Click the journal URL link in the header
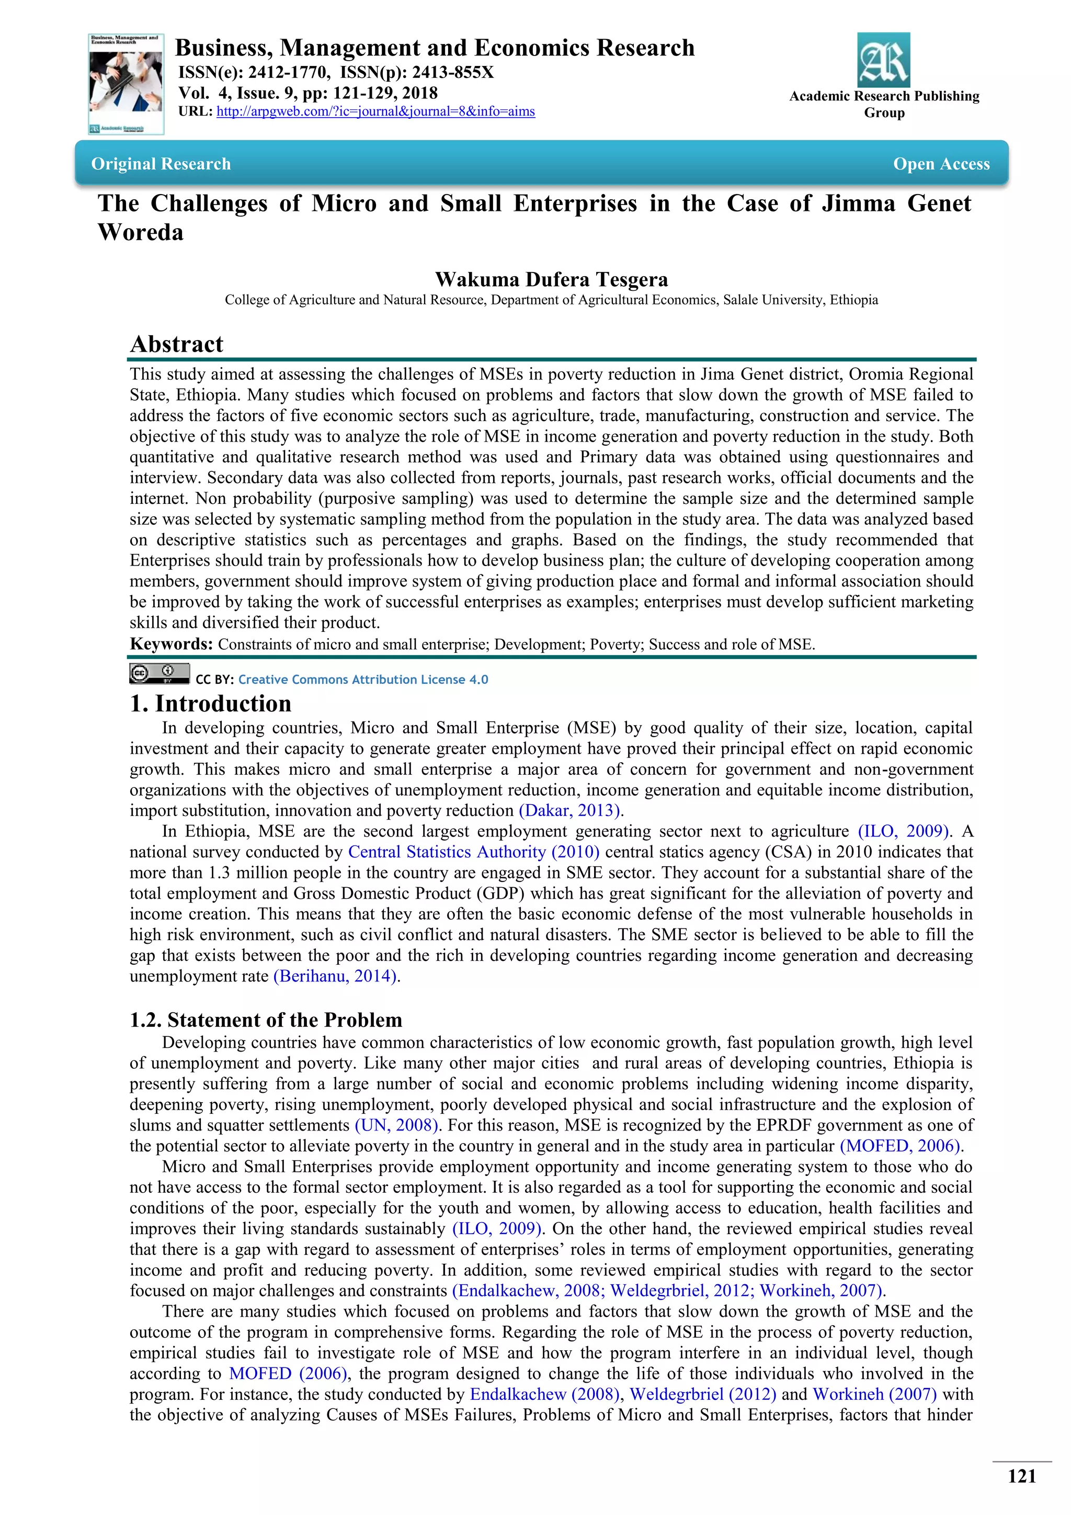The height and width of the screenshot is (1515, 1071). [375, 111]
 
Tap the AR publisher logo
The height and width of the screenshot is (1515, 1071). [883, 60]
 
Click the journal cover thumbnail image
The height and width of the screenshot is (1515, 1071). [126, 84]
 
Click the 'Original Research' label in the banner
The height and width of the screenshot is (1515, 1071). [161, 164]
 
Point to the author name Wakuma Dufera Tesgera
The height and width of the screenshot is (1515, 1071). [551, 279]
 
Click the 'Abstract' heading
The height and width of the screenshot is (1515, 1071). [177, 344]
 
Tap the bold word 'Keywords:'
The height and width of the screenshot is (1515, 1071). [171, 644]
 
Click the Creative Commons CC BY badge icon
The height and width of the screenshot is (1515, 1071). [159, 673]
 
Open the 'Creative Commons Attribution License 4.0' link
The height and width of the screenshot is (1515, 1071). [363, 680]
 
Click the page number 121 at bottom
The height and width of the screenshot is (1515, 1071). [1021, 1476]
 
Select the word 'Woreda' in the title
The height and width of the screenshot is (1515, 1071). [141, 232]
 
